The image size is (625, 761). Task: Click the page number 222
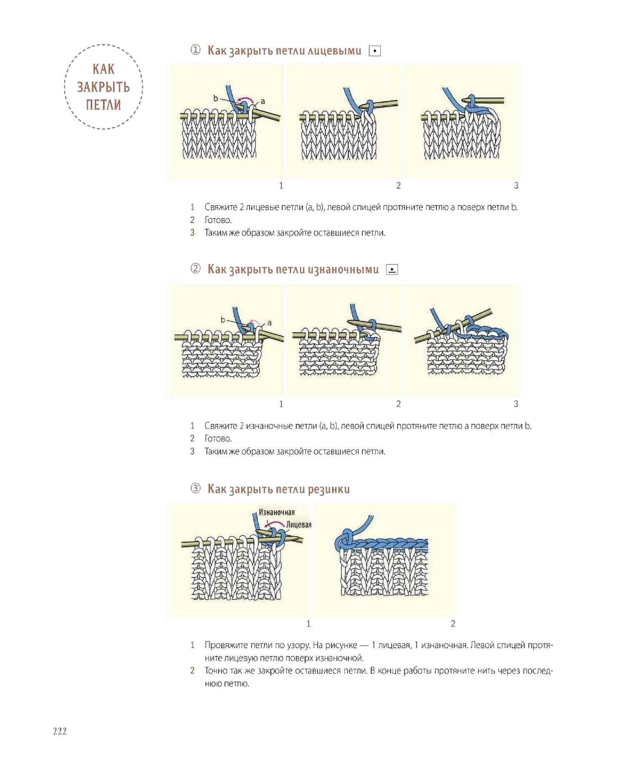click(x=60, y=731)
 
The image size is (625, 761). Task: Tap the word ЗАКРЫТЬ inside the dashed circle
click(x=103, y=87)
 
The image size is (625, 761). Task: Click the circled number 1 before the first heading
click(x=195, y=50)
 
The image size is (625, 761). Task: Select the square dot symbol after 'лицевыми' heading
click(x=375, y=51)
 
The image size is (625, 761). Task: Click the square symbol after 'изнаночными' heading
click(x=392, y=270)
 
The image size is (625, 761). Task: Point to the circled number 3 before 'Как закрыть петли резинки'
click(x=195, y=488)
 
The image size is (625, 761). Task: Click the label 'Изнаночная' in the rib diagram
click(x=277, y=512)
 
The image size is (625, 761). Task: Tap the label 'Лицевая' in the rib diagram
click(x=299, y=524)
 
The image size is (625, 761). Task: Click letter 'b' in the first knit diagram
click(x=215, y=98)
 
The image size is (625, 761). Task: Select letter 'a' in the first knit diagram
click(x=263, y=101)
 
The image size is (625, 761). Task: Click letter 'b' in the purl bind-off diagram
click(x=223, y=320)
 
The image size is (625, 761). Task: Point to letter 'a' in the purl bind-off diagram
click(x=270, y=322)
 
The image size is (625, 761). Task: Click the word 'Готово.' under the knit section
click(x=218, y=220)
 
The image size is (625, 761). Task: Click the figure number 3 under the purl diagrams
click(x=516, y=404)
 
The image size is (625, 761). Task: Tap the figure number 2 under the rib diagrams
click(x=453, y=623)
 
